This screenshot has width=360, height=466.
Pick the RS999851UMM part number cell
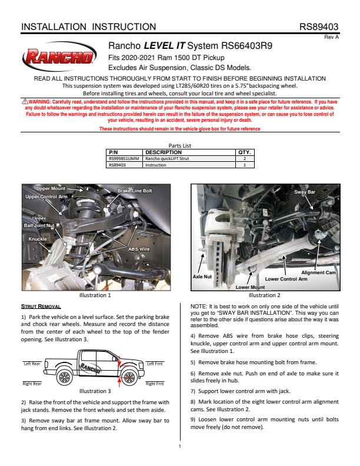point(124,158)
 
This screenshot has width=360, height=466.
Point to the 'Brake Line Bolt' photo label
point(135,191)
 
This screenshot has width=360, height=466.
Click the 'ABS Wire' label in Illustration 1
point(139,249)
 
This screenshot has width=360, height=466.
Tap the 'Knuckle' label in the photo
point(38,239)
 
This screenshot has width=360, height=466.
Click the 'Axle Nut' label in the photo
point(202,275)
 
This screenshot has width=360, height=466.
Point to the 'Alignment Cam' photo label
point(318,272)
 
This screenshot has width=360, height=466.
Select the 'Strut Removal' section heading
point(41,307)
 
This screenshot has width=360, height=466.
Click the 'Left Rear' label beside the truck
point(32,364)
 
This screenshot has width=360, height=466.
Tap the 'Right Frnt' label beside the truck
point(155,384)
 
